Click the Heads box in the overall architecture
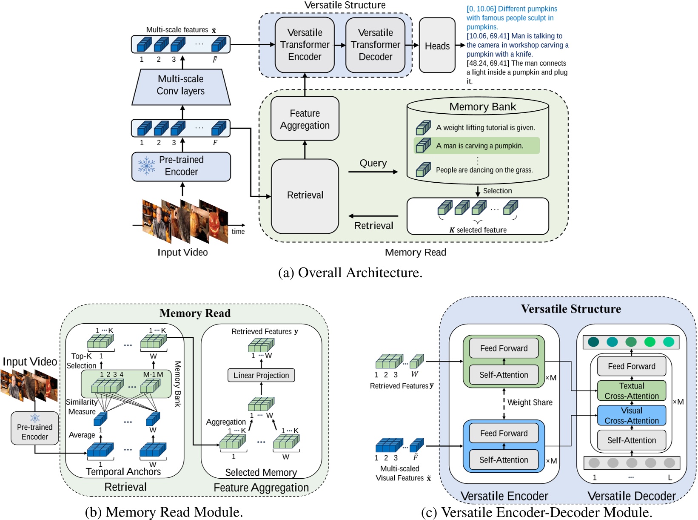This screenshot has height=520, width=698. (437, 46)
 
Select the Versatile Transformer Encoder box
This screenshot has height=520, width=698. (305, 45)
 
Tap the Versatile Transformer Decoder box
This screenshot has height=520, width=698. (375, 45)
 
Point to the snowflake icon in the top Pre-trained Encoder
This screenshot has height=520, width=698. (146, 166)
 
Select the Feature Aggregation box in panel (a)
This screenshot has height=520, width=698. (305, 119)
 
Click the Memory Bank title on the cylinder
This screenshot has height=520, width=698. (482, 107)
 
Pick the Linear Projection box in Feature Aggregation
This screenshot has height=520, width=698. (261, 375)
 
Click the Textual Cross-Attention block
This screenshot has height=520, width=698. (631, 391)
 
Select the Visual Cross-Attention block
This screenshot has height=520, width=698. (631, 416)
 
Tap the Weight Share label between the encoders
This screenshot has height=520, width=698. (530, 402)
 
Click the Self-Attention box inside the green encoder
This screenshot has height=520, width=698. (504, 375)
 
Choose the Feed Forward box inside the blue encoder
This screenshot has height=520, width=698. (504, 433)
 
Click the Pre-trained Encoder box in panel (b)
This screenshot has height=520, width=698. (35, 431)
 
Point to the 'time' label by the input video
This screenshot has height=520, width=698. (238, 232)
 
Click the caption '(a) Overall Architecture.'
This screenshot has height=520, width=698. (350, 273)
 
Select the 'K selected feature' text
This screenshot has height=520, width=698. (478, 230)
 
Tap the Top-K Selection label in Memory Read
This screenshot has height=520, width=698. (82, 361)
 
